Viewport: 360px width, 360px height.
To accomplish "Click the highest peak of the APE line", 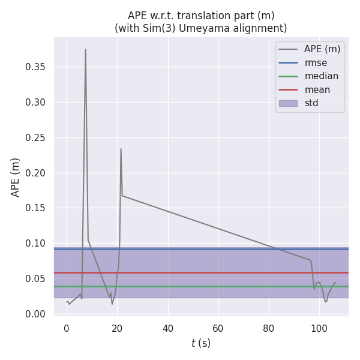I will point(85,50).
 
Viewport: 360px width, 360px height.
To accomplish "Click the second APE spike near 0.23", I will point(121,149).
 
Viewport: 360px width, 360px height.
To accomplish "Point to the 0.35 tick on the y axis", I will point(35,67).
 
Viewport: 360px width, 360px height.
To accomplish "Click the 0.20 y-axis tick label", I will point(35,173).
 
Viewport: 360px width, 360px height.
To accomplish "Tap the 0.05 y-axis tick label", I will point(35,278).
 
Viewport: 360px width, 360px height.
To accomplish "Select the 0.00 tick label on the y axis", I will point(35,314).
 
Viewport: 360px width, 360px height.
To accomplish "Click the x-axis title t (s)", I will point(201,344).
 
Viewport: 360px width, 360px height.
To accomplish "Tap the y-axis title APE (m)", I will point(16,177).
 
